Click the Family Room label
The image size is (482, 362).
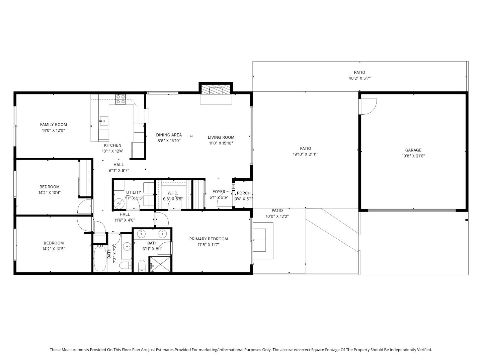(x=54, y=125)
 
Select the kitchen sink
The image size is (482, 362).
(x=103, y=120)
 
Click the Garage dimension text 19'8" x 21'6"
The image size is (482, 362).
(x=413, y=156)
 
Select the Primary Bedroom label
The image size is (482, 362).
(x=209, y=239)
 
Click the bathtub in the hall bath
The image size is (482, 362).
(x=100, y=258)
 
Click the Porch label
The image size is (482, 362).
(x=244, y=193)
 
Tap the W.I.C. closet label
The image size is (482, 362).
(x=173, y=193)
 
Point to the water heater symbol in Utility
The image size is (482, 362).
(x=119, y=203)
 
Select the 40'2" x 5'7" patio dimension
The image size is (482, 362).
(x=359, y=78)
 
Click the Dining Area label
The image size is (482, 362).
(x=169, y=135)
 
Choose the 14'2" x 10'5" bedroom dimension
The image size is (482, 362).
(x=54, y=249)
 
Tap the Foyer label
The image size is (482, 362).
(x=219, y=192)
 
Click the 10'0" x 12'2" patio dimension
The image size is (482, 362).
(x=277, y=216)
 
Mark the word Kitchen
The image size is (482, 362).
(x=112, y=145)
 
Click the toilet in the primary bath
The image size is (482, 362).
(x=142, y=266)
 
